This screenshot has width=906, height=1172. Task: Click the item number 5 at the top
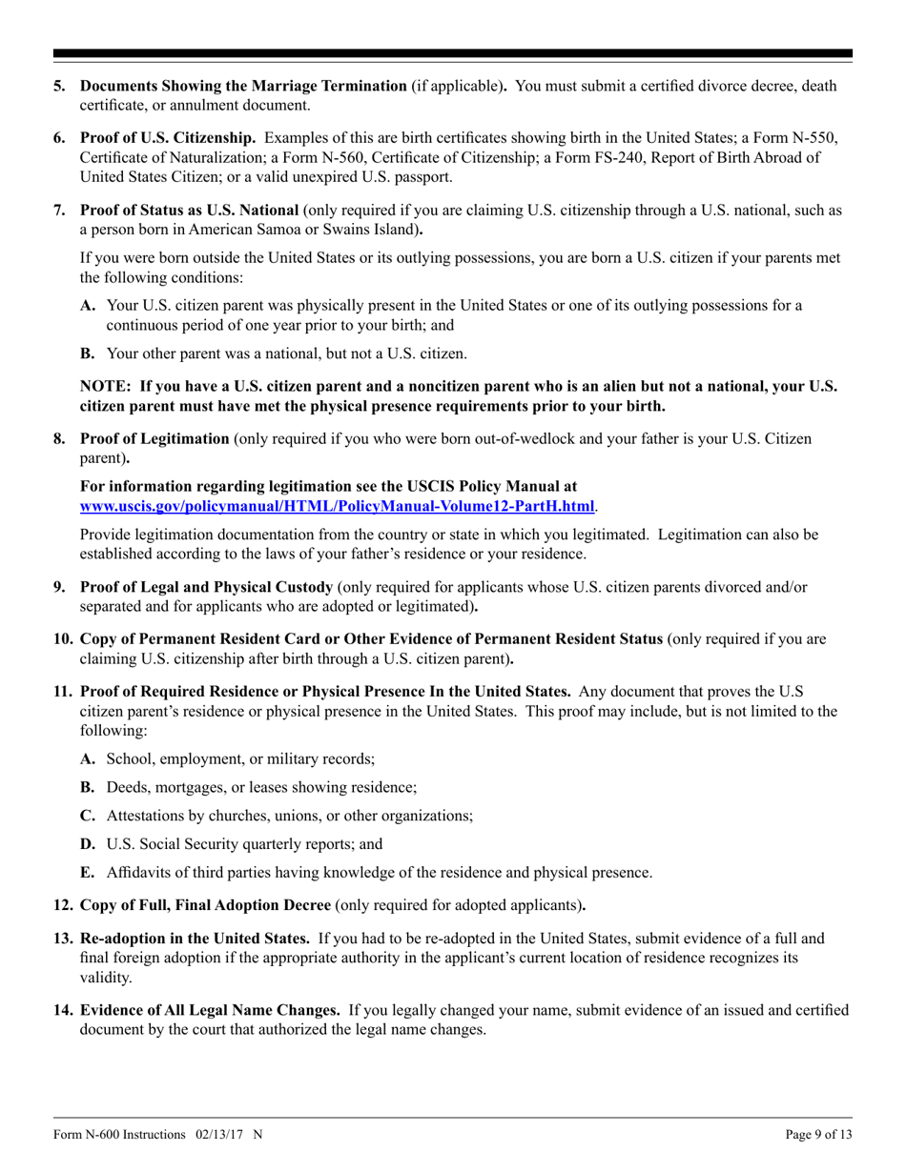59,86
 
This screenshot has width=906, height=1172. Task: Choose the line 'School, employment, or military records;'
240,759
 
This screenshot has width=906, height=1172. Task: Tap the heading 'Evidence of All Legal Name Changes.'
210,1010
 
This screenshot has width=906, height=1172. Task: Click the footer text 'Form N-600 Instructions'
119,1135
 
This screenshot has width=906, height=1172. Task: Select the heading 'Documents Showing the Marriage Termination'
243,86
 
